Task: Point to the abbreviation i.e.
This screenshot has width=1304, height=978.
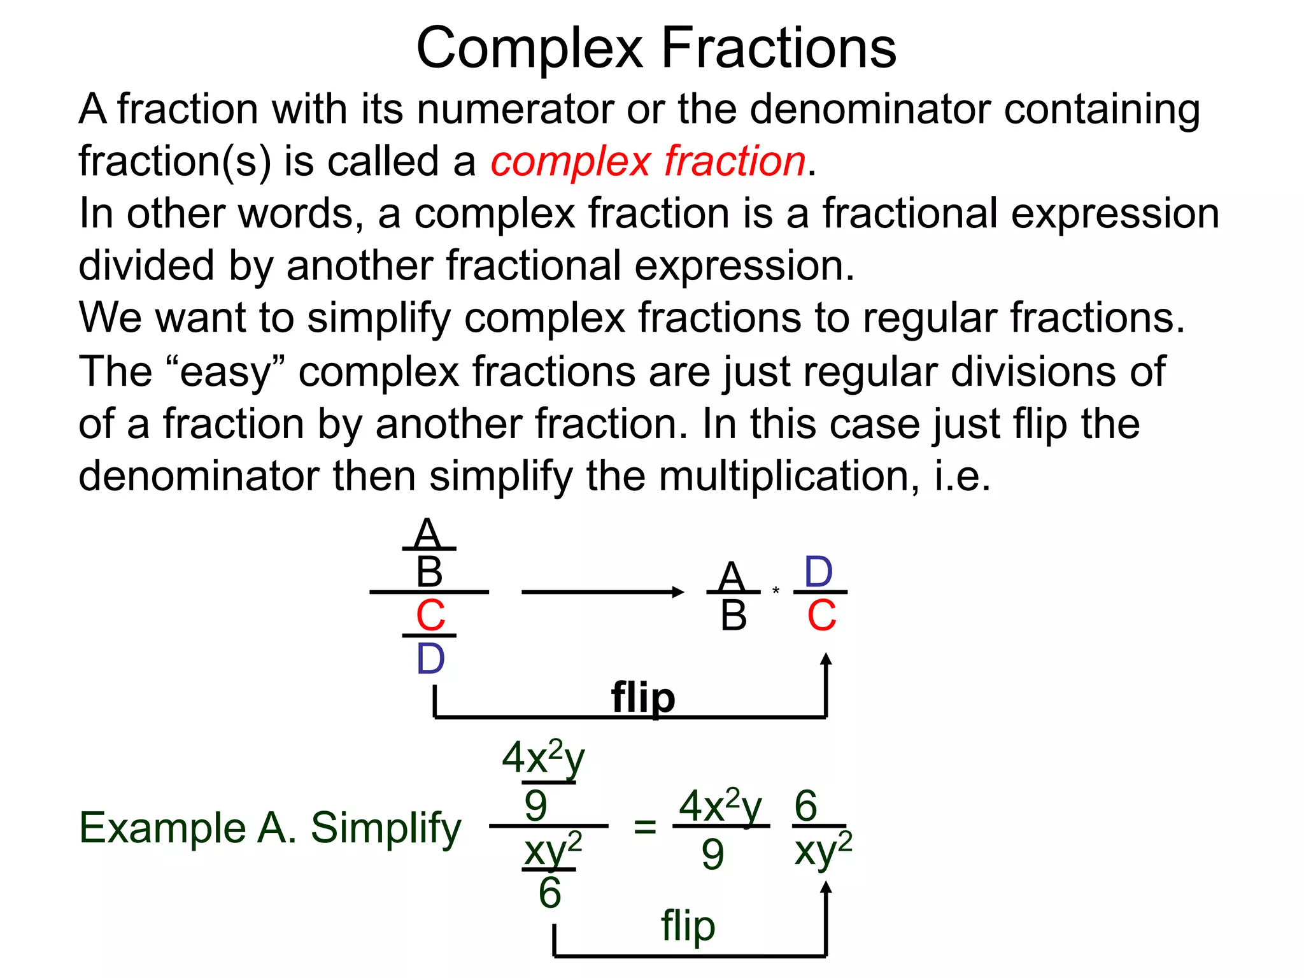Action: coord(962,476)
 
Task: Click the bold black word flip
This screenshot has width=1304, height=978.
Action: coord(643,698)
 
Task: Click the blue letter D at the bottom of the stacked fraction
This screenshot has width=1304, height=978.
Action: coord(430,659)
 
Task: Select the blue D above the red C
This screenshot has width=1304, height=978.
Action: coord(819,572)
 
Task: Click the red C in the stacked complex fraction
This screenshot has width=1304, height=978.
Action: coord(430,616)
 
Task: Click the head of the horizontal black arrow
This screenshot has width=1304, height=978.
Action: coord(678,592)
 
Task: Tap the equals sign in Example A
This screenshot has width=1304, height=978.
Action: coord(644,827)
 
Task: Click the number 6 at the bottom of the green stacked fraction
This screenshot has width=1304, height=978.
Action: coord(549,893)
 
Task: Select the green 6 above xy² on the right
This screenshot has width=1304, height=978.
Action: coord(805,805)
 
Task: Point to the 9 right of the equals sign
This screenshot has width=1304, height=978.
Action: coord(712,854)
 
